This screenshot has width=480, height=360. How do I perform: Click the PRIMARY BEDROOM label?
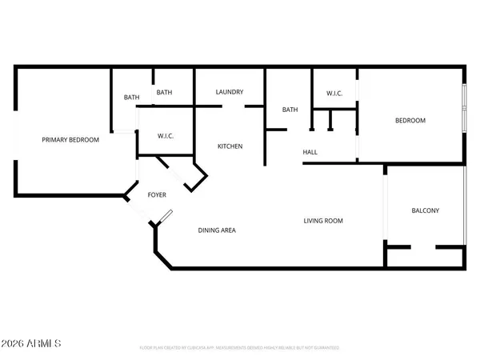point(70,140)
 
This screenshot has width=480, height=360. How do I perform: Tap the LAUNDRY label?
point(229,93)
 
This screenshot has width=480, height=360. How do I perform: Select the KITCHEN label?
point(229,146)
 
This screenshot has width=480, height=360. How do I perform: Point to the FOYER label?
point(158,194)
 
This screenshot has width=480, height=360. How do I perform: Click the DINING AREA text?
point(217,230)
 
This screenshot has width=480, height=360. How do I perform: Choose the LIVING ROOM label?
point(322,221)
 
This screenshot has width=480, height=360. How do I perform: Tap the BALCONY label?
point(425,211)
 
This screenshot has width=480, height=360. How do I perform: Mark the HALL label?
point(310,152)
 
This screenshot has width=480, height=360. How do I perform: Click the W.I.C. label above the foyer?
point(166,135)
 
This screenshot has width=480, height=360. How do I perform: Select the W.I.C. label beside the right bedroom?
point(334,94)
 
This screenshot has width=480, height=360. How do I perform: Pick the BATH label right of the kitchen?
point(290,110)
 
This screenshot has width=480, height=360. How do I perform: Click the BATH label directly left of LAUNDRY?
point(164,93)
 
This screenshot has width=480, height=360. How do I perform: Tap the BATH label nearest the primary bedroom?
point(131,98)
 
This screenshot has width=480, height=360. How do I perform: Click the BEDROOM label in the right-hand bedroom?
point(410,121)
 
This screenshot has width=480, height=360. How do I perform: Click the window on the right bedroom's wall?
point(463,108)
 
